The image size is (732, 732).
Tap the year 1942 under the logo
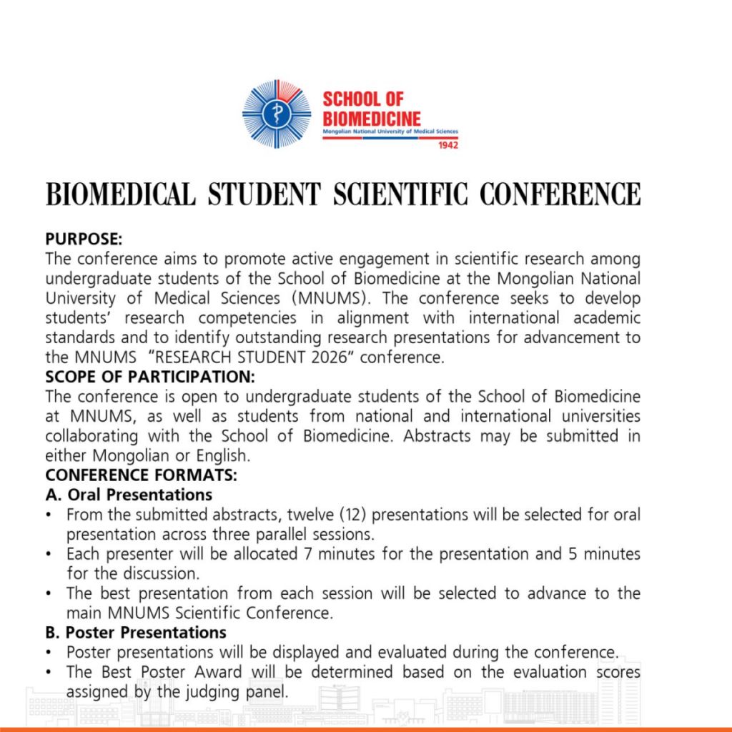pyautogui.click(x=447, y=145)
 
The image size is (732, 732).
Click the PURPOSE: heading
pyautogui.click(x=84, y=239)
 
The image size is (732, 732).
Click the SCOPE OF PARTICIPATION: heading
pyautogui.click(x=150, y=377)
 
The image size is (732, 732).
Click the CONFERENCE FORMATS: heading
pyautogui.click(x=141, y=475)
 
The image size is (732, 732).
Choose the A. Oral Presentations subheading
pyautogui.click(x=129, y=495)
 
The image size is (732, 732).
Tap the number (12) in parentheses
pyautogui.click(x=355, y=515)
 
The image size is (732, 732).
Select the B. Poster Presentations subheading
pyautogui.click(x=136, y=633)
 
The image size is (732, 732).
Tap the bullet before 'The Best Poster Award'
pyautogui.click(x=48, y=673)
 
